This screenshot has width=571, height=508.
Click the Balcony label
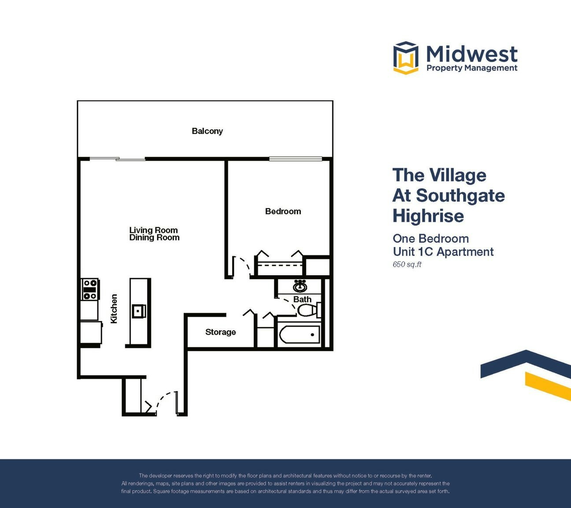[207, 131]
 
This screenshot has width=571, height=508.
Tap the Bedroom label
[283, 211]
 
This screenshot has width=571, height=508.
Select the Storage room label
[220, 332]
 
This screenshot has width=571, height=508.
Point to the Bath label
[302, 299]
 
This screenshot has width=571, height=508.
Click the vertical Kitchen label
[114, 309]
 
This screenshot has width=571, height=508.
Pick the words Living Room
[153, 230]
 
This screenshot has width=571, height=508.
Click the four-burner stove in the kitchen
[90, 289]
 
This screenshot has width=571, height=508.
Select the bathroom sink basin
[300, 286]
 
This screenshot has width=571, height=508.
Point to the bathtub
[300, 335]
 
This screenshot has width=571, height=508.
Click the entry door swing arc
[162, 399]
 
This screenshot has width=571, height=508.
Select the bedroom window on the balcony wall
[295, 159]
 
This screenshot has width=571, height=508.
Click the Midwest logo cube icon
[406, 58]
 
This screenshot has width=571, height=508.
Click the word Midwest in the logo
[472, 54]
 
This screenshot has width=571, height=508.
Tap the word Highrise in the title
[428, 216]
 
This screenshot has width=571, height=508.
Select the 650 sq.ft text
[407, 265]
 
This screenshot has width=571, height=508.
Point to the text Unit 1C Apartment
[443, 252]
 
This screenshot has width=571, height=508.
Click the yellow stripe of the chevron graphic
[548, 386]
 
